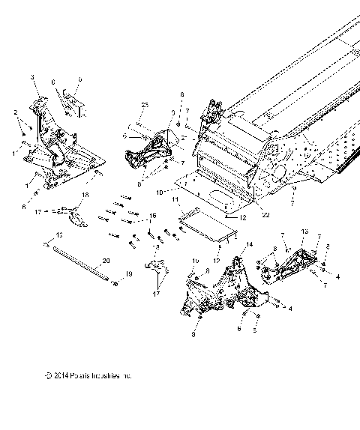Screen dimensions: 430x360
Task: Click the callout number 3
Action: click(33, 77)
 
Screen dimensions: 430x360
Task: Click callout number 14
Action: click(250, 245)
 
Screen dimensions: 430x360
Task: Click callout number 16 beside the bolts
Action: click(154, 216)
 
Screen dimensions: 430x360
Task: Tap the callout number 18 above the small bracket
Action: click(84, 195)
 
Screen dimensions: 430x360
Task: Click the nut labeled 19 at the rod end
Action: click(115, 282)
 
